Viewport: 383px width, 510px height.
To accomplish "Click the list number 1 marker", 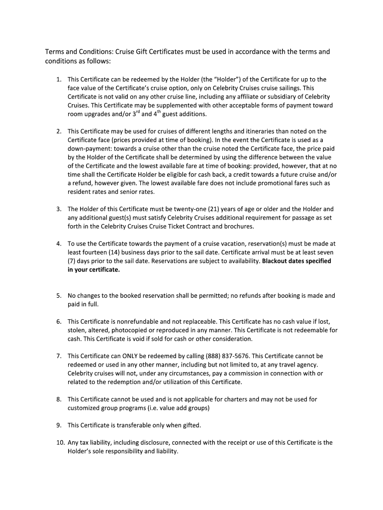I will coord(58,79).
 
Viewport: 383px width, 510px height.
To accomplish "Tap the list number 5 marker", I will coord(58,296).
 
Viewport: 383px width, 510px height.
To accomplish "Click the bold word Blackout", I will coord(277,261).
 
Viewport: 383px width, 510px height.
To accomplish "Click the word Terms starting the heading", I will coord(56,52).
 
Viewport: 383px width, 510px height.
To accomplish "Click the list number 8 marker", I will coord(58,399).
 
